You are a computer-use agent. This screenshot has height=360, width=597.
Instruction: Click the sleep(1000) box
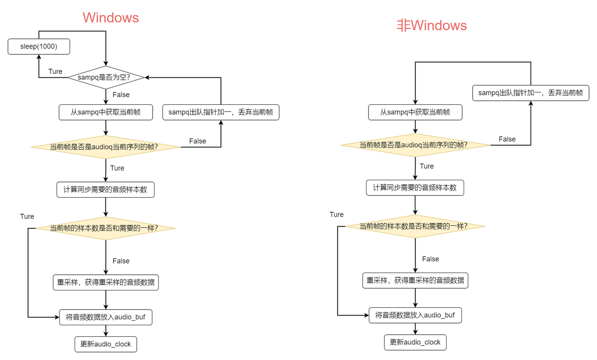point(39,46)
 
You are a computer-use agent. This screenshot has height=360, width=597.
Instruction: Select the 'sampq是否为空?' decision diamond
point(106,77)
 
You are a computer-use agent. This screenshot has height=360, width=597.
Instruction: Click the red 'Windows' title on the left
point(111,18)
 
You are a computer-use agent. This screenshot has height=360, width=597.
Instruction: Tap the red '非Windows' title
point(432,26)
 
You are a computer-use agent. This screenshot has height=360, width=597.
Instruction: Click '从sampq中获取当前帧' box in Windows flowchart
point(106,112)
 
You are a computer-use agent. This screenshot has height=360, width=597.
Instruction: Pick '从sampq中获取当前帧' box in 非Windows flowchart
point(415,112)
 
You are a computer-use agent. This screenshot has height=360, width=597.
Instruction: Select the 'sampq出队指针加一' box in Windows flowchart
point(221,112)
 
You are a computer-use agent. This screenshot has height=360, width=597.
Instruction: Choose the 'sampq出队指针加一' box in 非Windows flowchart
point(531,93)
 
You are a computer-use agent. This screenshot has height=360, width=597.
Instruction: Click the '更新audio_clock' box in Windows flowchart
point(106,344)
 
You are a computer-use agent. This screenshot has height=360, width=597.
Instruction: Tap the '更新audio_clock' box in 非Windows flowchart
point(415,343)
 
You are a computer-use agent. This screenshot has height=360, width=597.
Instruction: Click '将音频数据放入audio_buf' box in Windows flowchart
point(106,317)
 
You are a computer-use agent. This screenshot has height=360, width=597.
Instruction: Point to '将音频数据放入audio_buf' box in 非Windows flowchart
point(415,316)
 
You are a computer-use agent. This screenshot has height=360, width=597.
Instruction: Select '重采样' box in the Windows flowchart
point(106,283)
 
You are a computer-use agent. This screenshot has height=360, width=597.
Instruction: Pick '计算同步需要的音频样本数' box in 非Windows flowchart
point(415,188)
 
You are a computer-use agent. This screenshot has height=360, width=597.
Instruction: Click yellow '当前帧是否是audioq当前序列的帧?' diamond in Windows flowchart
point(106,147)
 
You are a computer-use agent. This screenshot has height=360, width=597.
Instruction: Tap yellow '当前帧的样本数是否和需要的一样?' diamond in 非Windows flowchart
point(415,226)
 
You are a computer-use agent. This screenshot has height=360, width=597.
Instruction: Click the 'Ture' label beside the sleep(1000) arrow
point(55,71)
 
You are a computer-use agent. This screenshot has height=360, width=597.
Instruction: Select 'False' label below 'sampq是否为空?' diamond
point(121,95)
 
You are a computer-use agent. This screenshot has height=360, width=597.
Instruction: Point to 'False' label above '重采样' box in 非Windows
point(430,259)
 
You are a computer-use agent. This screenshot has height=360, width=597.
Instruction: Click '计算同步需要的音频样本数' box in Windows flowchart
point(106,190)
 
